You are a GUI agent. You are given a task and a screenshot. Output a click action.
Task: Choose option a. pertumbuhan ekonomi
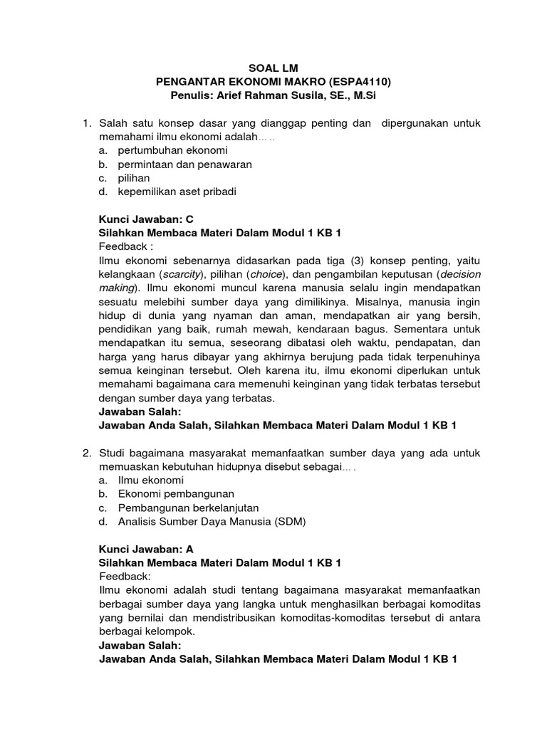coord(172,151)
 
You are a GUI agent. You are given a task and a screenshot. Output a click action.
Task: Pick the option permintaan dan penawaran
coord(185,164)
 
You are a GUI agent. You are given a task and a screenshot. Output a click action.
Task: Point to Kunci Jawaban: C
coord(145,219)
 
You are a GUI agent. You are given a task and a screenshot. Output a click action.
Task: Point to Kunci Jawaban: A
coord(145,549)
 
